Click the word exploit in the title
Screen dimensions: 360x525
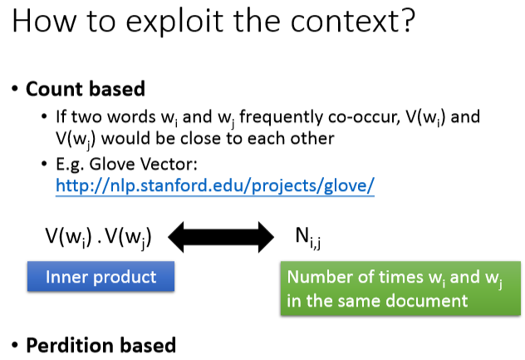[x=166, y=20]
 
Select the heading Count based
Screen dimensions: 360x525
[x=86, y=89]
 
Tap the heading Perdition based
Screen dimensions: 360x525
[x=101, y=345]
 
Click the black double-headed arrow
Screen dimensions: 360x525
[x=222, y=237]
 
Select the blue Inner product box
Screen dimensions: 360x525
[x=101, y=277]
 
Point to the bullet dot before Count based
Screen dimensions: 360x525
[x=15, y=89]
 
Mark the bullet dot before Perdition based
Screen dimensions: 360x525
[x=15, y=345]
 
